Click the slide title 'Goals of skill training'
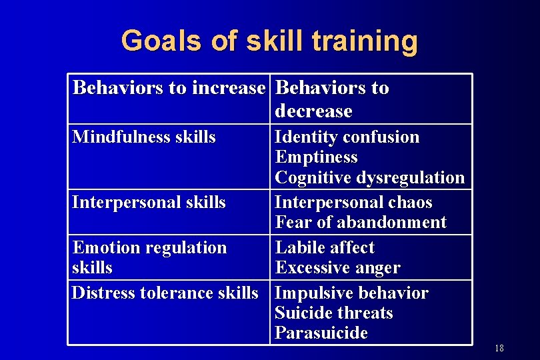pos(269,41)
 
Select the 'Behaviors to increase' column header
pos(168,88)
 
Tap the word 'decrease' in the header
pos(313,111)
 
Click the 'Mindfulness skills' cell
pos(144,137)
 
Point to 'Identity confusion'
pos(347,137)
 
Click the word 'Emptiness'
pos(316,157)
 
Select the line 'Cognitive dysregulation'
pos(369,177)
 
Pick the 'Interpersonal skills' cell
pos(149,203)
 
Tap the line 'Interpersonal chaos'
pos(353,203)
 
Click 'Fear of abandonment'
pos(360,222)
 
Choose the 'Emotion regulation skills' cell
pos(149,257)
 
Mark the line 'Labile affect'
pos(325,248)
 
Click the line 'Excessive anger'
pos(337,268)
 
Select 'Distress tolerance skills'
pos(165,293)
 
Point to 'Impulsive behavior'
pos(351,293)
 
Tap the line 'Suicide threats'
pos(334,313)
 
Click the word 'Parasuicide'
pos(321,333)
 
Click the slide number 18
pos(499,349)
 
